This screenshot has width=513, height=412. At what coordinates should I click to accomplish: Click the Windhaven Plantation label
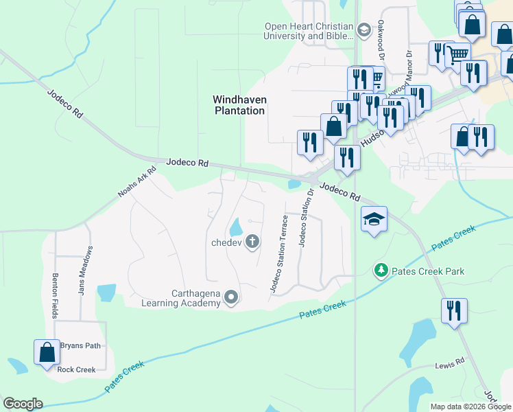coord(239,105)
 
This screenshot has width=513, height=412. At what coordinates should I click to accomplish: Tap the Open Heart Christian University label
coord(309,32)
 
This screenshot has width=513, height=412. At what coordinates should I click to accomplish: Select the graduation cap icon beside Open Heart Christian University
coord(363,30)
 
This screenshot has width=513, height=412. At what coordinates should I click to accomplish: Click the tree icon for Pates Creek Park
coord(381,271)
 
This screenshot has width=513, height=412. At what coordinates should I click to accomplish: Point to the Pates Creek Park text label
coord(427,271)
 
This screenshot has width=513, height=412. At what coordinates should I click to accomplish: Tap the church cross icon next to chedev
coord(252,241)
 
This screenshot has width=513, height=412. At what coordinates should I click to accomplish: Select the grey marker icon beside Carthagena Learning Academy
coord(231,297)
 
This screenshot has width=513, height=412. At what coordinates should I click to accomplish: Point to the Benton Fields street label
coord(55,296)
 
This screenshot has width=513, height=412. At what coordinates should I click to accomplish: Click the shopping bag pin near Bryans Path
coord(46,352)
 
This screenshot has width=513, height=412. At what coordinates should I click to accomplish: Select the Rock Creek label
coord(76,369)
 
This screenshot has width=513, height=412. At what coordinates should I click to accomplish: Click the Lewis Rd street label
coord(450,365)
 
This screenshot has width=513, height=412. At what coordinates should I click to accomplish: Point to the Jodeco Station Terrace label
coord(278,254)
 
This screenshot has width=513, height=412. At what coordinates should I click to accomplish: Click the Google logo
coord(23,404)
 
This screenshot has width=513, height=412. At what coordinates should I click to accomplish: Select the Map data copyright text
coord(470,407)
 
